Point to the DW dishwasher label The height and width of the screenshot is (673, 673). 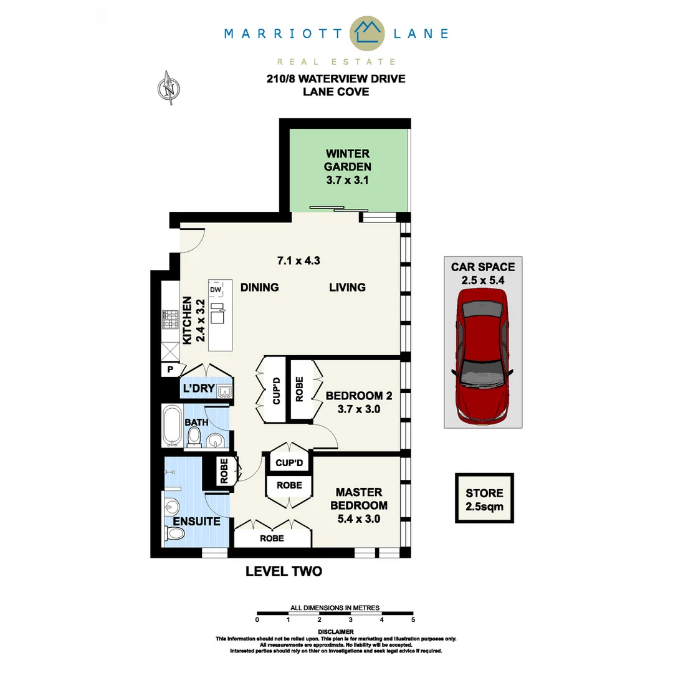(x=216, y=290)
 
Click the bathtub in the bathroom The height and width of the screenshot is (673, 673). (x=172, y=426)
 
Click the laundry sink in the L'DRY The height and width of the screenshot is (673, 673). (x=225, y=391)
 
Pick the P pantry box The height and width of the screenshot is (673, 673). (x=169, y=370)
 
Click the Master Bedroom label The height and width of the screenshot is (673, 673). (x=358, y=505)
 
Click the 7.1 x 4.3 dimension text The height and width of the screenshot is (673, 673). (x=298, y=260)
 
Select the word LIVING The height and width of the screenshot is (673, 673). (x=347, y=287)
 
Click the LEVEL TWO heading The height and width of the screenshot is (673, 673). (x=284, y=571)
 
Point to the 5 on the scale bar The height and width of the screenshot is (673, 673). (x=413, y=620)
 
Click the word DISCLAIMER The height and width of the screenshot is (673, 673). (x=335, y=631)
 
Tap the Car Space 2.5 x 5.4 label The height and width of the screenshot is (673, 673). (x=483, y=273)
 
